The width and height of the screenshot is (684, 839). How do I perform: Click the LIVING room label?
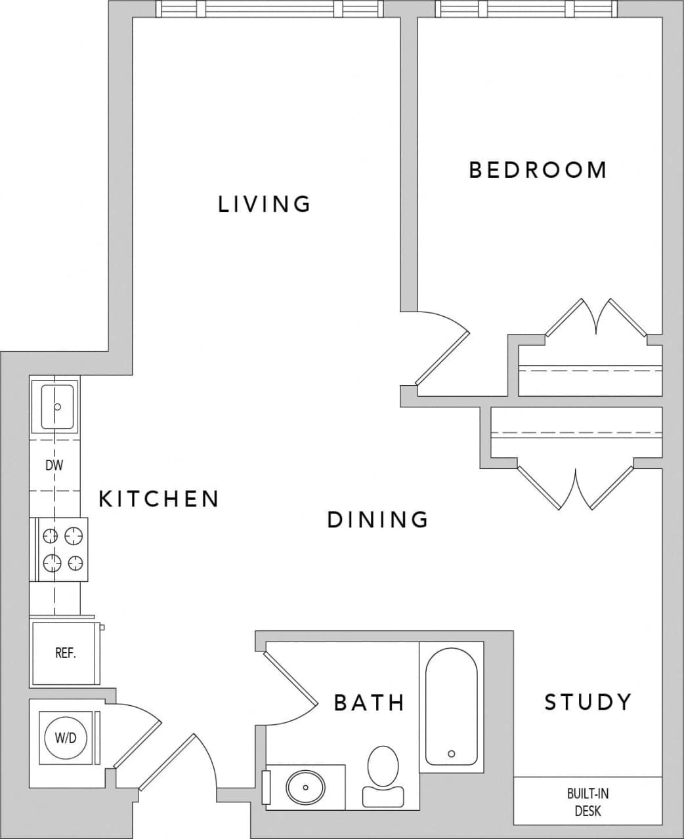[264, 204]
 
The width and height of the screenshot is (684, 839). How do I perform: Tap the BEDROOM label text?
[538, 170]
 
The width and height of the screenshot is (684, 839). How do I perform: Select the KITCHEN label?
[158, 499]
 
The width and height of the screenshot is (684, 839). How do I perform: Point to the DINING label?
[377, 520]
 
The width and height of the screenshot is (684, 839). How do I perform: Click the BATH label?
[369, 703]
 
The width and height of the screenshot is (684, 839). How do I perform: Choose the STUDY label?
[588, 702]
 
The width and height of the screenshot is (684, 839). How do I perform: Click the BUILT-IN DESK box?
[588, 801]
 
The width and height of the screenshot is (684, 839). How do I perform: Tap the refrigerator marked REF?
[65, 653]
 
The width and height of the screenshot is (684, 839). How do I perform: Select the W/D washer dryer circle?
[65, 738]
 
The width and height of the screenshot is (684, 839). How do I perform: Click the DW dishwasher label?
[54, 466]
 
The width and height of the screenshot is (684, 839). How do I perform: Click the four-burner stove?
[64, 550]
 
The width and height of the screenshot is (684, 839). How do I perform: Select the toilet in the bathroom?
[383, 774]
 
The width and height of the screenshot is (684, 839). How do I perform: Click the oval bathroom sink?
[306, 785]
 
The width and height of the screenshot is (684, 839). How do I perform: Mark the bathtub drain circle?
[451, 754]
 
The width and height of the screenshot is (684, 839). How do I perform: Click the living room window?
[269, 9]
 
